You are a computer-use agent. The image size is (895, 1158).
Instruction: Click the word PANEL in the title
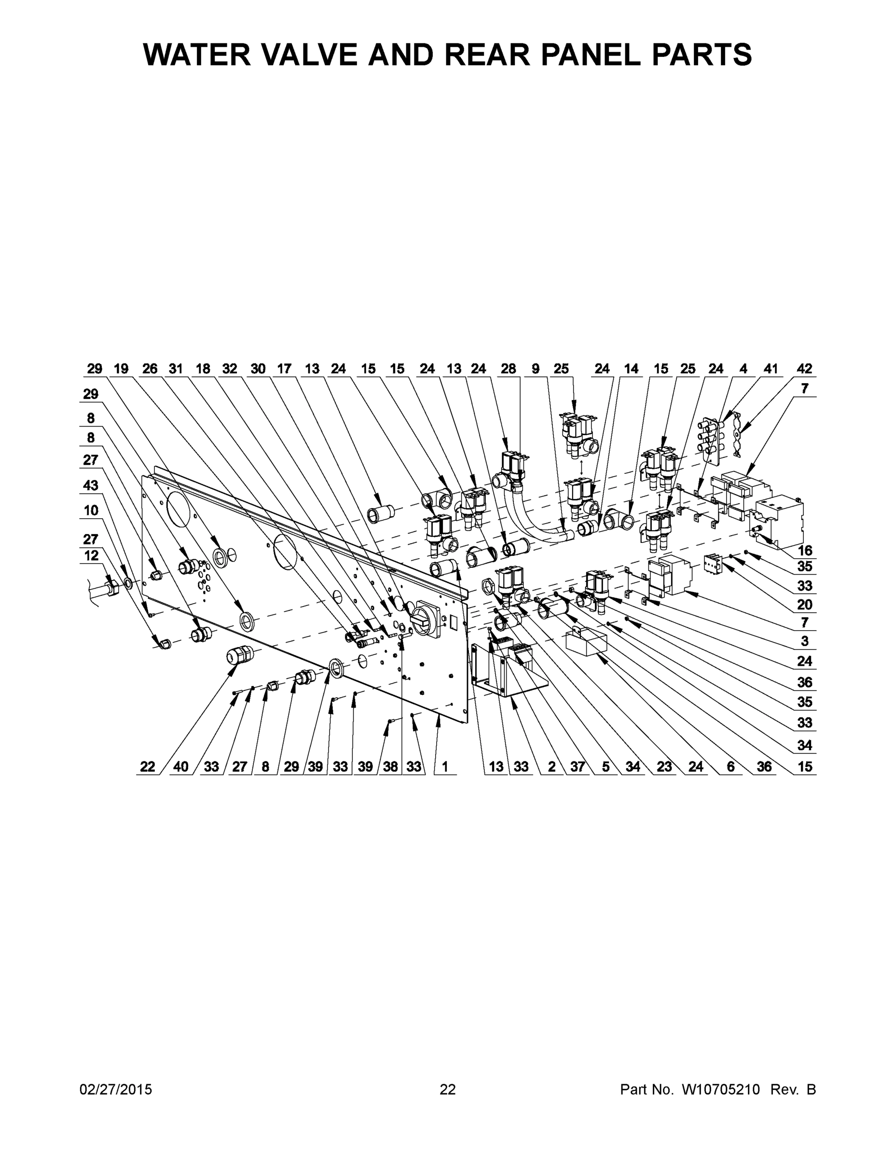pos(595,54)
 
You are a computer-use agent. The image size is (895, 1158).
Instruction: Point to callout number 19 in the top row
pos(122,369)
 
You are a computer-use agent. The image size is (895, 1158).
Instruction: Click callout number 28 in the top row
pos(508,369)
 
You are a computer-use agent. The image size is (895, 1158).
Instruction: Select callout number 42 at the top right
pos(804,369)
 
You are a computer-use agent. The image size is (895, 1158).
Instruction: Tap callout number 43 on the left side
pos(91,484)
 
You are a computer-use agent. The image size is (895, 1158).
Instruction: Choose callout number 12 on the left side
pos(91,555)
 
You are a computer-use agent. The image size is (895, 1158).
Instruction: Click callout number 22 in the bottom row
pos(148,766)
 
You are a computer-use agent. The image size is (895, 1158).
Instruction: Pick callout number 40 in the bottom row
pos(181,766)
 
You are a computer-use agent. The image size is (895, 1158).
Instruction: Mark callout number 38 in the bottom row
pos(390,766)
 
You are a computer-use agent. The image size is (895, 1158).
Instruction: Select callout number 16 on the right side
pos(804,550)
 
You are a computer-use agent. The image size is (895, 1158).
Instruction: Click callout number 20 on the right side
pos(804,604)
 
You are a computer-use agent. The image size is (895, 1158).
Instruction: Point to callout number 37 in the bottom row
pos(578,766)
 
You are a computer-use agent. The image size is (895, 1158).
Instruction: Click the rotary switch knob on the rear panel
pos(424,619)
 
